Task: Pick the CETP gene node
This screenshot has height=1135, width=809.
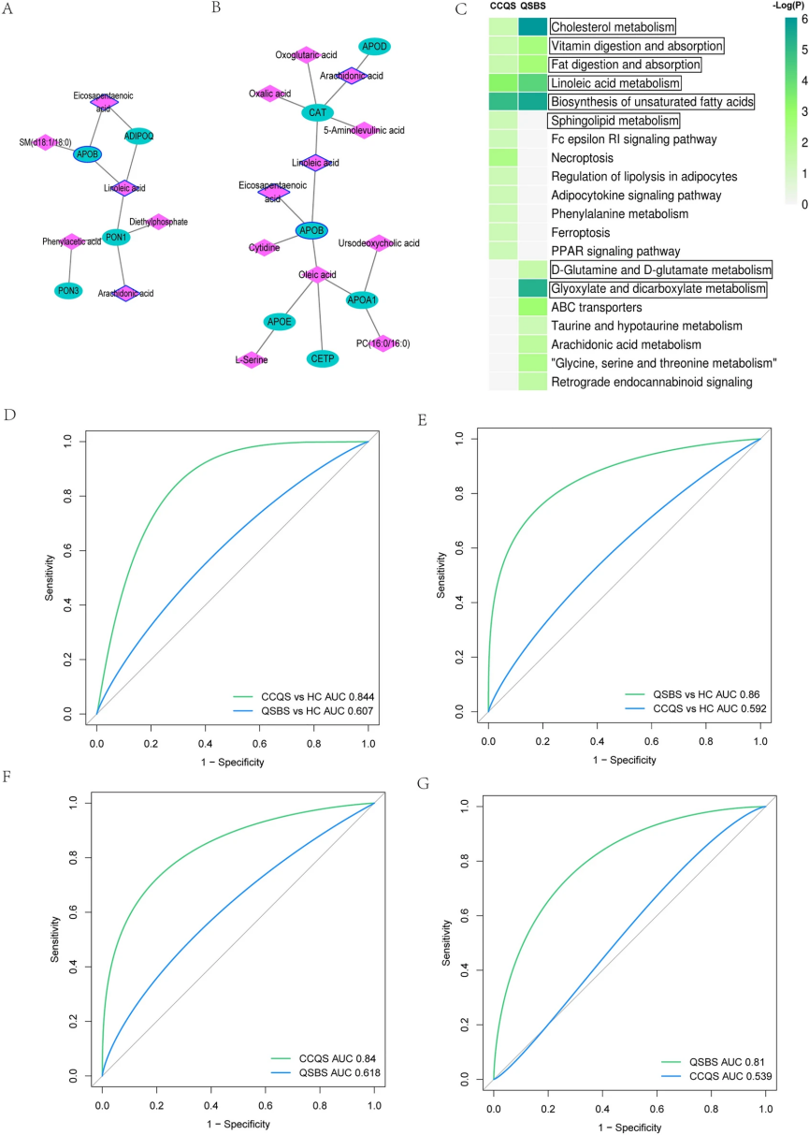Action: click(317, 358)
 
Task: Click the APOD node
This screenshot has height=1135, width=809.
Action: click(374, 47)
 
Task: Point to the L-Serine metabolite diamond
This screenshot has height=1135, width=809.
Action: click(251, 358)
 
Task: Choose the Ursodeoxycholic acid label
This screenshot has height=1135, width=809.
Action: click(379, 242)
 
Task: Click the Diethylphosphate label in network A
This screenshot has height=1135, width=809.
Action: click(158, 222)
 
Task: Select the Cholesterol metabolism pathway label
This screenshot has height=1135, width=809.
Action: click(612, 27)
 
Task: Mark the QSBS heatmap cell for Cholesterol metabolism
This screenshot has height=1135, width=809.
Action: click(532, 27)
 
